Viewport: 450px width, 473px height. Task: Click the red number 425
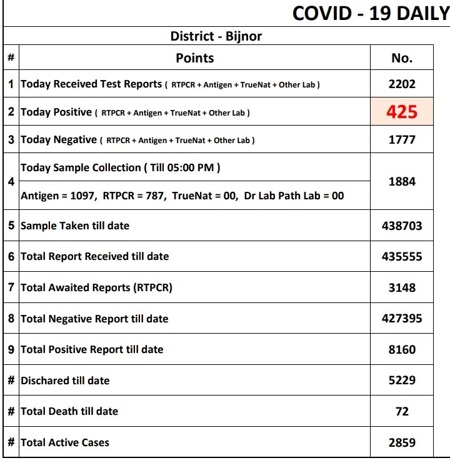401,112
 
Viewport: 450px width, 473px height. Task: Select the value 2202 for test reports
402,84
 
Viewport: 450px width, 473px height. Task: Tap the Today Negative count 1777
402,140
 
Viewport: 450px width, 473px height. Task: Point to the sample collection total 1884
402,182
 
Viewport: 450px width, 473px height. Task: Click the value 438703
402,226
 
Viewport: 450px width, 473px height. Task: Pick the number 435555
402,256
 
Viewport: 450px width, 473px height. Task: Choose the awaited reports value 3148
402,287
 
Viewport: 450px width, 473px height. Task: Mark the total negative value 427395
402,319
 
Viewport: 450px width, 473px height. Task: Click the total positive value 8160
402,349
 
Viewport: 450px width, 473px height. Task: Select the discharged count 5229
402,381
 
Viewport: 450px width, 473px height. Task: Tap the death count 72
402,411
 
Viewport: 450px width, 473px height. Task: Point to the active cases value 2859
402,442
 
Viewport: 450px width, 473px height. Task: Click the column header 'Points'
194,58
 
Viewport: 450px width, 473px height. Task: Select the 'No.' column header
402,58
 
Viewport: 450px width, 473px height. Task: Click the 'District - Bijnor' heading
216,36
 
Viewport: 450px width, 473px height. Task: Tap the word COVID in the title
322,13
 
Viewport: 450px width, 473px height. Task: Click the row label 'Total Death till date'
69,411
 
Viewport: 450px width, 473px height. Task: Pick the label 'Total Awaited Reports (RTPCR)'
96,287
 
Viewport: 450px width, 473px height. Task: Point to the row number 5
11,226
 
